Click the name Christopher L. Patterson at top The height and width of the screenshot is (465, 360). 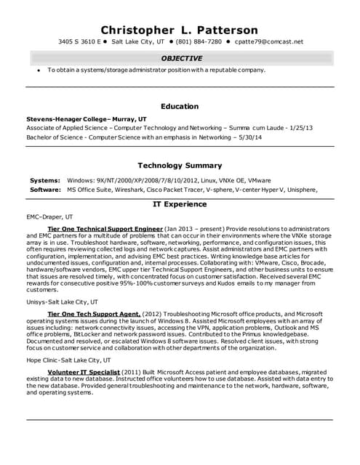pyautogui.click(x=179, y=30)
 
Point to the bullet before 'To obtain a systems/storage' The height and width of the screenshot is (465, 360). pyautogui.click(x=38, y=70)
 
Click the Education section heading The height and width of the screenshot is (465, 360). pyautogui.click(x=179, y=106)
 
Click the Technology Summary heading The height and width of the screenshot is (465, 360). pyautogui.click(x=179, y=165)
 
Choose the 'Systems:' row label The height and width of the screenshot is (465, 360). pyautogui.click(x=45, y=179)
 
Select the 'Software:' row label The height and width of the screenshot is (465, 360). pyautogui.click(x=45, y=189)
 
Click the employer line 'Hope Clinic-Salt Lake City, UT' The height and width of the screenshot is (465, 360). pyautogui.click(x=69, y=360)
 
